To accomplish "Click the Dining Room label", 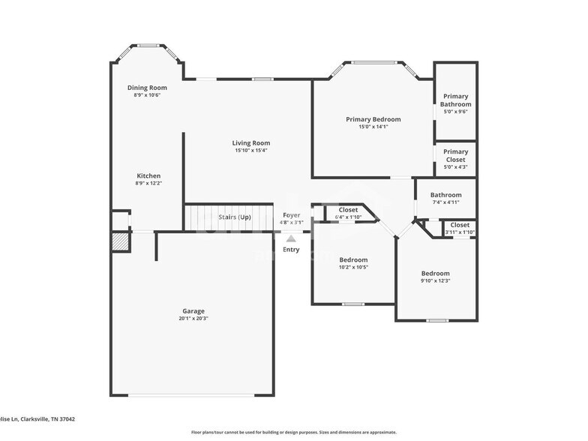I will click(x=147, y=88).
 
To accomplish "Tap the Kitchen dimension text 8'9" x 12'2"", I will click(x=148, y=183).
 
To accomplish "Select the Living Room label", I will click(x=250, y=142).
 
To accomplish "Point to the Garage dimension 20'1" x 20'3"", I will click(x=193, y=318).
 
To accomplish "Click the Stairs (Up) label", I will click(x=235, y=217).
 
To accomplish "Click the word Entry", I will click(x=291, y=250).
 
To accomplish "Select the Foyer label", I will click(x=291, y=215).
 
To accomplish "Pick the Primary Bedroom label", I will click(x=373, y=119).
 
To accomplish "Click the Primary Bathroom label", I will click(x=455, y=100).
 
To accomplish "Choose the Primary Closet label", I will click(x=455, y=155).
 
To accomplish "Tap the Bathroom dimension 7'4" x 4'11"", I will click(x=445, y=202).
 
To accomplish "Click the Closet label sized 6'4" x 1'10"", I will click(x=348, y=210).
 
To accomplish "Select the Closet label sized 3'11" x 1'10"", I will click(x=460, y=225).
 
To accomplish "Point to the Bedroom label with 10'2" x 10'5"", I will click(x=352, y=259).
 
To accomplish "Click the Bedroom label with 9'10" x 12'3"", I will click(x=435, y=274).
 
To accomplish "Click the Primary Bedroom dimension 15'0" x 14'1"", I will click(x=373, y=127).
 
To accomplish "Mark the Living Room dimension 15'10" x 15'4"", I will click(x=250, y=150).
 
